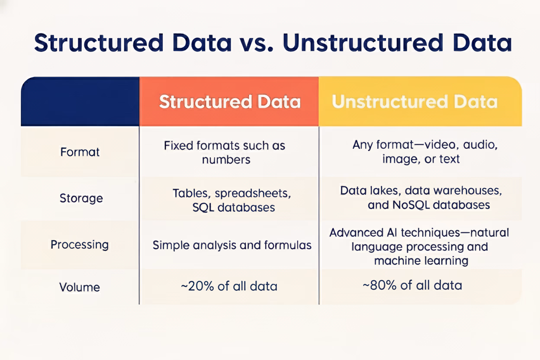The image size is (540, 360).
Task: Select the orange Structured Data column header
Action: tap(229, 102)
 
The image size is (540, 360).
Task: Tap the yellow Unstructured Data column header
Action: tap(420, 102)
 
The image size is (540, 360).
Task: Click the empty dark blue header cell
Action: tap(80, 102)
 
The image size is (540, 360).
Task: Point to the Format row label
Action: tap(80, 152)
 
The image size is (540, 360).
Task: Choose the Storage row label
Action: tap(81, 198)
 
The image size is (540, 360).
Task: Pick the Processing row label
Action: tap(80, 245)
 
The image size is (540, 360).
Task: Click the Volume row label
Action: tap(80, 287)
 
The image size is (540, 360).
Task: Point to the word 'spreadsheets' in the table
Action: tap(253, 193)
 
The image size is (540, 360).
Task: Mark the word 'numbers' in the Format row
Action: tap(226, 160)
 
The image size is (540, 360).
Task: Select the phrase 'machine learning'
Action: tap(421, 261)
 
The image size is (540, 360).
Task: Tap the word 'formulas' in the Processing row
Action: tap(288, 245)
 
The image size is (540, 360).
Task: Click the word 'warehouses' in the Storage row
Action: tap(467, 191)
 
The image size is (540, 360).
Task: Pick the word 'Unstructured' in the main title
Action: tap(363, 43)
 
